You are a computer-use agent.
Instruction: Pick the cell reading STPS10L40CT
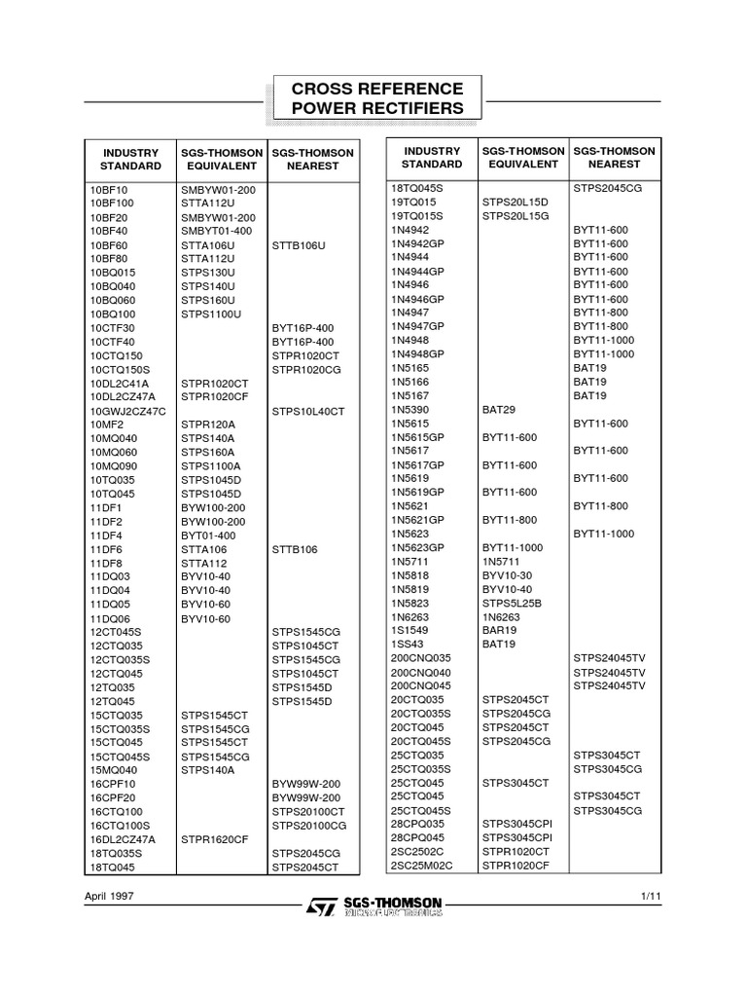pyautogui.click(x=308, y=412)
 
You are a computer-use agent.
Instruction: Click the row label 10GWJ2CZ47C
pyautogui.click(x=127, y=412)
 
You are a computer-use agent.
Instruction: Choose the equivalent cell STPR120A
pyautogui.click(x=207, y=425)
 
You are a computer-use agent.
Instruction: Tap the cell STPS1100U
pyautogui.click(x=210, y=315)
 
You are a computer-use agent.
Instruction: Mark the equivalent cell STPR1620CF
pyautogui.click(x=215, y=838)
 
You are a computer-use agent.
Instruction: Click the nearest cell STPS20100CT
pyautogui.click(x=308, y=811)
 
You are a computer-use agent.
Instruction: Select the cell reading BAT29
pyautogui.click(x=498, y=410)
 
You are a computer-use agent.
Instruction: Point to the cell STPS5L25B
pyautogui.click(x=512, y=603)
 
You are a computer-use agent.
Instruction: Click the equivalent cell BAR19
pyautogui.click(x=499, y=630)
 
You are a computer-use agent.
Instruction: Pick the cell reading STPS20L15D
pyautogui.click(x=516, y=202)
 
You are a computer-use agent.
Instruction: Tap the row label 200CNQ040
pyautogui.click(x=421, y=673)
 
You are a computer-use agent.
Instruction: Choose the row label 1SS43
pyautogui.click(x=407, y=644)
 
